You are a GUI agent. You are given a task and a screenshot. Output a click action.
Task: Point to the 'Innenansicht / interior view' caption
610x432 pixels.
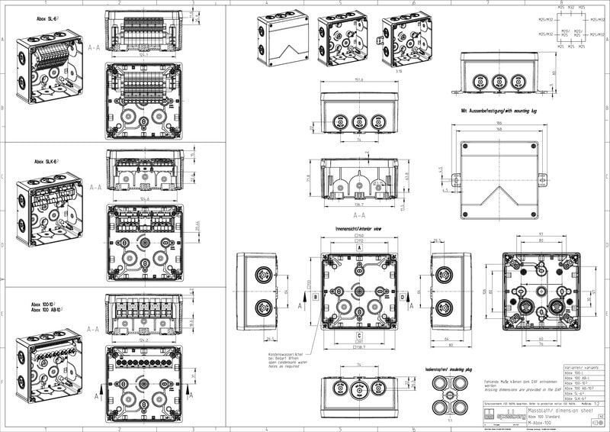[358, 228]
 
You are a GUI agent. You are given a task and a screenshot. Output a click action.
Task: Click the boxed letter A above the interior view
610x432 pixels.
[358, 247]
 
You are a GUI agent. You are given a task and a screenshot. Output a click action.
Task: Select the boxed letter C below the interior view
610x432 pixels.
[358, 334]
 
